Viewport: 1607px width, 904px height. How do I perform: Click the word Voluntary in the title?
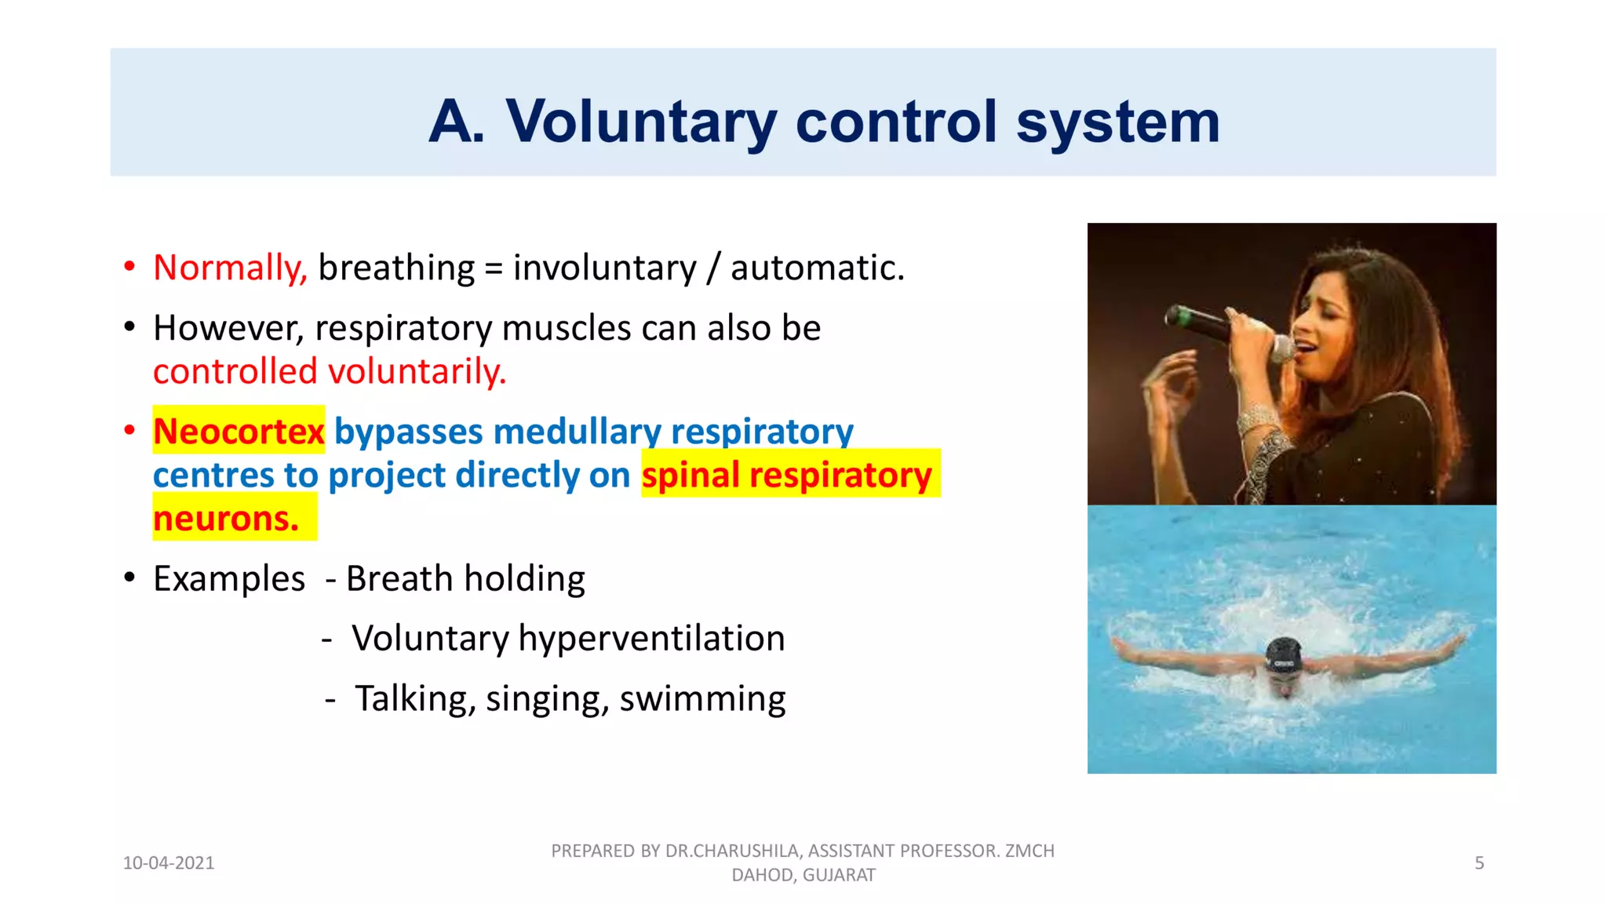pos(640,122)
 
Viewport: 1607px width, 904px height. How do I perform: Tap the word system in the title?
pos(1117,122)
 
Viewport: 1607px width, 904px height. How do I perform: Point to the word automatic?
pos(817,268)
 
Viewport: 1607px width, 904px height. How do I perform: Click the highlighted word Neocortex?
pos(239,431)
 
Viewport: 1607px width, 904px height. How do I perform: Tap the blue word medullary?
pos(577,431)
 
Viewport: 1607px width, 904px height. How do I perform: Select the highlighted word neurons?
pos(226,519)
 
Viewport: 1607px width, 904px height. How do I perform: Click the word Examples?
pos(228,579)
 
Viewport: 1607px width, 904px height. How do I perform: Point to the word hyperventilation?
pos(651,638)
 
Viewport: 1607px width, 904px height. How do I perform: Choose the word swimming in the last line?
pos(702,698)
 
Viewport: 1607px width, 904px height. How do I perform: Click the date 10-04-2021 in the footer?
pos(169,863)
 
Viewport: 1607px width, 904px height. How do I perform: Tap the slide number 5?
pos(1479,863)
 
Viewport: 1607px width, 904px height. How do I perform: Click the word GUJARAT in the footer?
pos(839,876)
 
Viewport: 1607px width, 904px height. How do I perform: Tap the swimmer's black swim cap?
pos(1284,654)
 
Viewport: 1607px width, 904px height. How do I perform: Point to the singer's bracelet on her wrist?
pos(1257,420)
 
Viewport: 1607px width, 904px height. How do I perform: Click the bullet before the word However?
pos(129,328)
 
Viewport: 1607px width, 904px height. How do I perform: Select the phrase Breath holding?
pos(465,579)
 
